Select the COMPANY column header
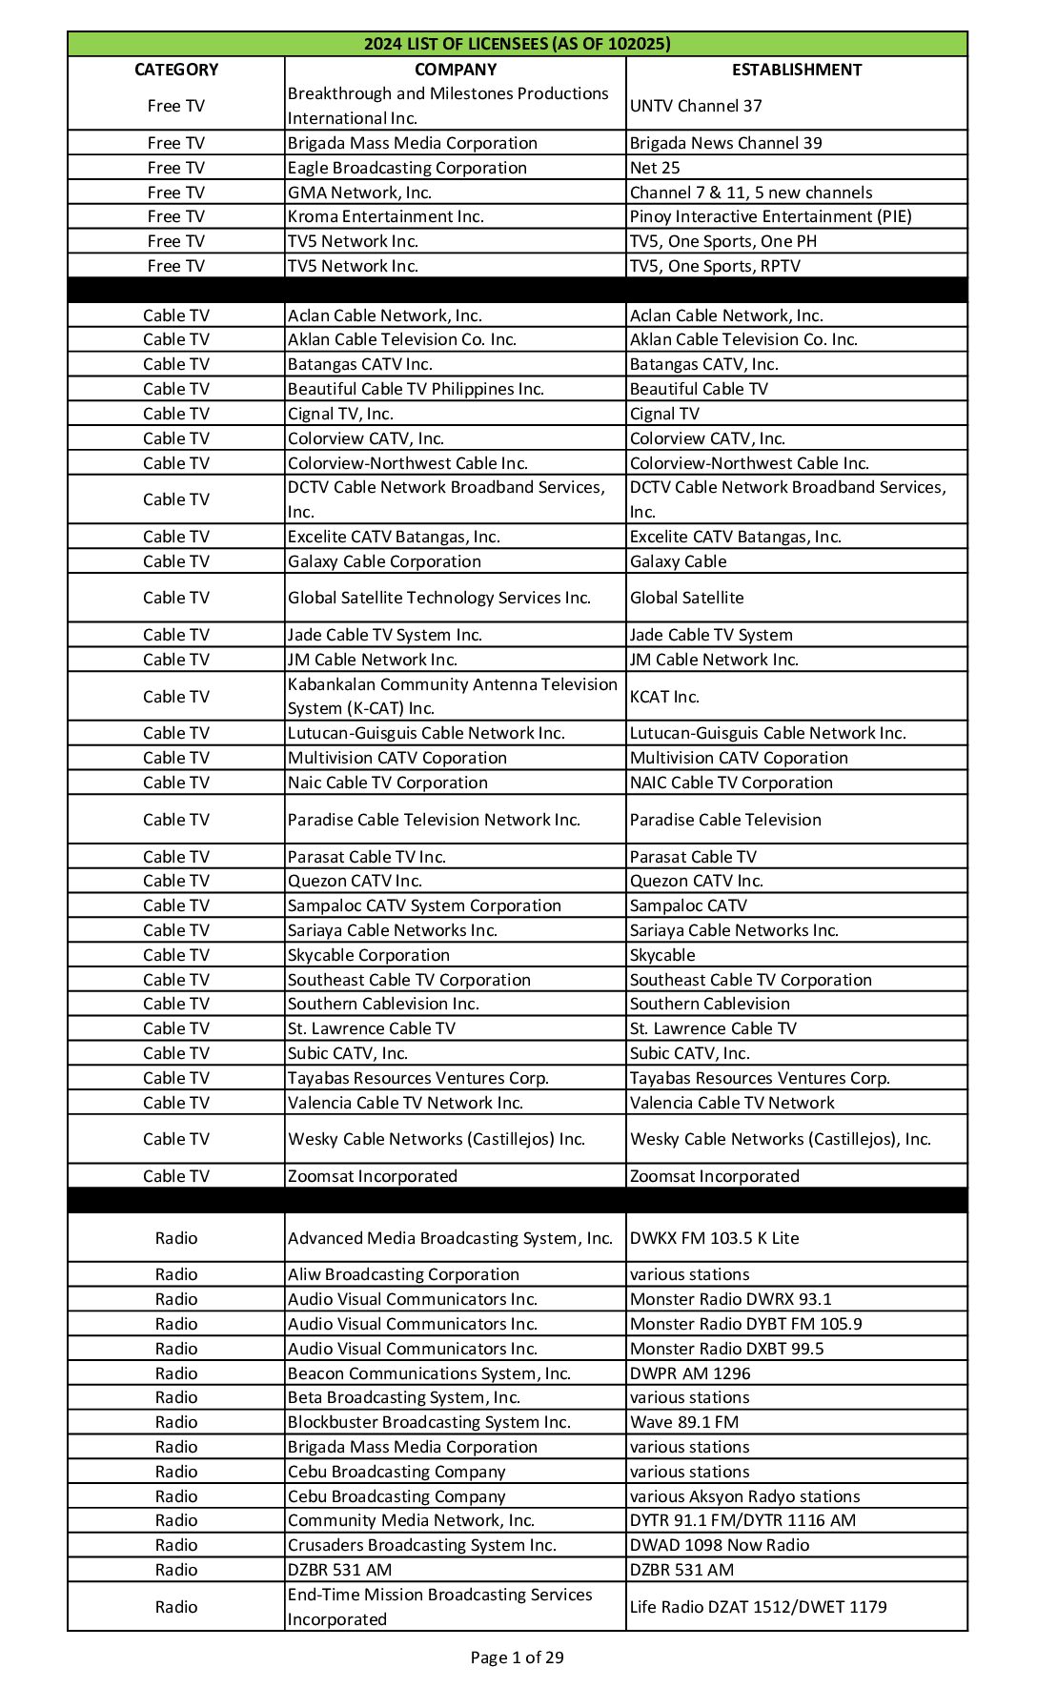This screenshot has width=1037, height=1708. click(456, 70)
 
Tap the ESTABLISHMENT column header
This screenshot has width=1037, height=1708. click(797, 70)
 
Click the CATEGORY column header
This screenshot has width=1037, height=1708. click(176, 70)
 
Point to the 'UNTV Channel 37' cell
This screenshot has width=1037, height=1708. click(696, 106)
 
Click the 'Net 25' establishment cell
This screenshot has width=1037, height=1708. click(655, 168)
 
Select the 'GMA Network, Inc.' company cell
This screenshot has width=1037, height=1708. click(359, 193)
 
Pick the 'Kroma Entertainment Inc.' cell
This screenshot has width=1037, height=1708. click(386, 216)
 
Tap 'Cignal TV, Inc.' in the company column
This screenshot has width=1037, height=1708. click(340, 414)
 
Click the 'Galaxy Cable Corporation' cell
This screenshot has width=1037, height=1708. click(384, 561)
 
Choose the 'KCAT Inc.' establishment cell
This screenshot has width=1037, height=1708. click(664, 697)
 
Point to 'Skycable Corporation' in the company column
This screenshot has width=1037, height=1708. click(369, 955)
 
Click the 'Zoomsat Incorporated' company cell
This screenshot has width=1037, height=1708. click(373, 1176)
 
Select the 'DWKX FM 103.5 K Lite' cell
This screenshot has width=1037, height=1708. click(714, 1238)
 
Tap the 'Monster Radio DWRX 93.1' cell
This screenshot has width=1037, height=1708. click(730, 1299)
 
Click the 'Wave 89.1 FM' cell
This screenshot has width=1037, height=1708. click(684, 1422)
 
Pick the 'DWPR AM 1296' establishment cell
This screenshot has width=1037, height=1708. click(690, 1373)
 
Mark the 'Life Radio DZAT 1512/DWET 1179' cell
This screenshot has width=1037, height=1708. click(758, 1607)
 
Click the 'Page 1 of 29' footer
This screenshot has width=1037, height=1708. click(517, 1657)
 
